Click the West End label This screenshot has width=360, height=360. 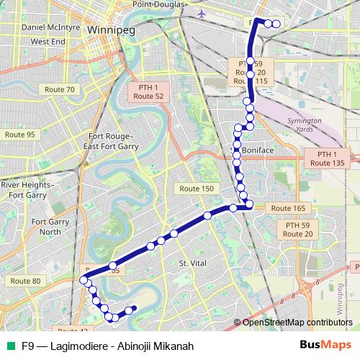(x=48, y=42)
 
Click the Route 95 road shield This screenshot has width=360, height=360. (x=19, y=135)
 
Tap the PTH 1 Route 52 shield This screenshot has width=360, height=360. (x=148, y=91)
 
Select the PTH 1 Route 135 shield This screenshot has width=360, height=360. (x=327, y=159)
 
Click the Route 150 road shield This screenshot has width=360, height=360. (x=197, y=189)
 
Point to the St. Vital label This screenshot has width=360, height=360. (x=192, y=264)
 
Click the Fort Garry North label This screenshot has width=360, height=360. (x=50, y=227)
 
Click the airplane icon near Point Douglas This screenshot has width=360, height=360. (x=200, y=13)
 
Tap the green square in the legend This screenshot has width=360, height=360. (x=11, y=346)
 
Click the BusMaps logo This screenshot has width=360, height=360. (x=320, y=346)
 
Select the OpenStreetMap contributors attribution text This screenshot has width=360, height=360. (x=297, y=322)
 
